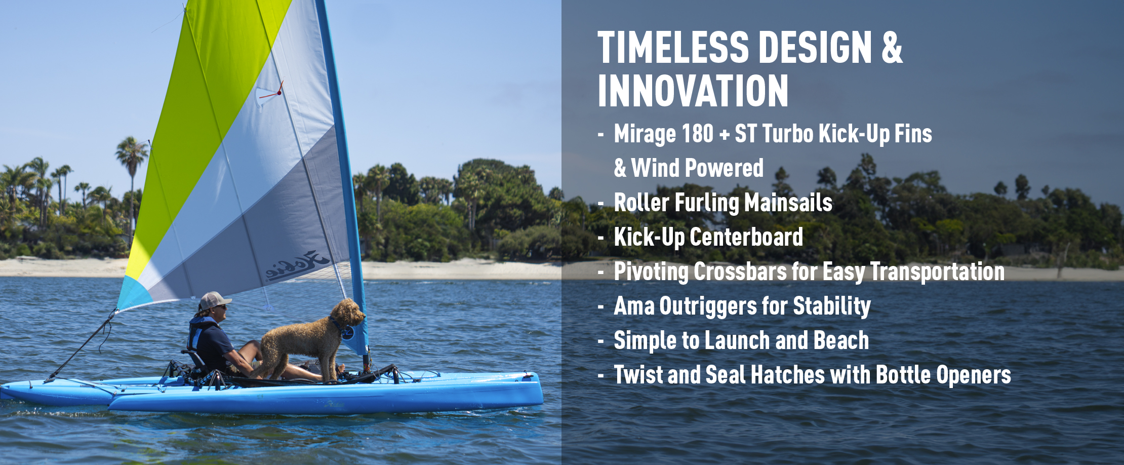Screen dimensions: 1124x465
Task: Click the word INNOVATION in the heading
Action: pos(693,91)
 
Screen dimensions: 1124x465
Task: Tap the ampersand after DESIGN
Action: pos(892,48)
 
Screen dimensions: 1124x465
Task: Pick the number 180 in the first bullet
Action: pos(698,134)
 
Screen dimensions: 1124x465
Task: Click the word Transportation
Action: pos(937,272)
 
